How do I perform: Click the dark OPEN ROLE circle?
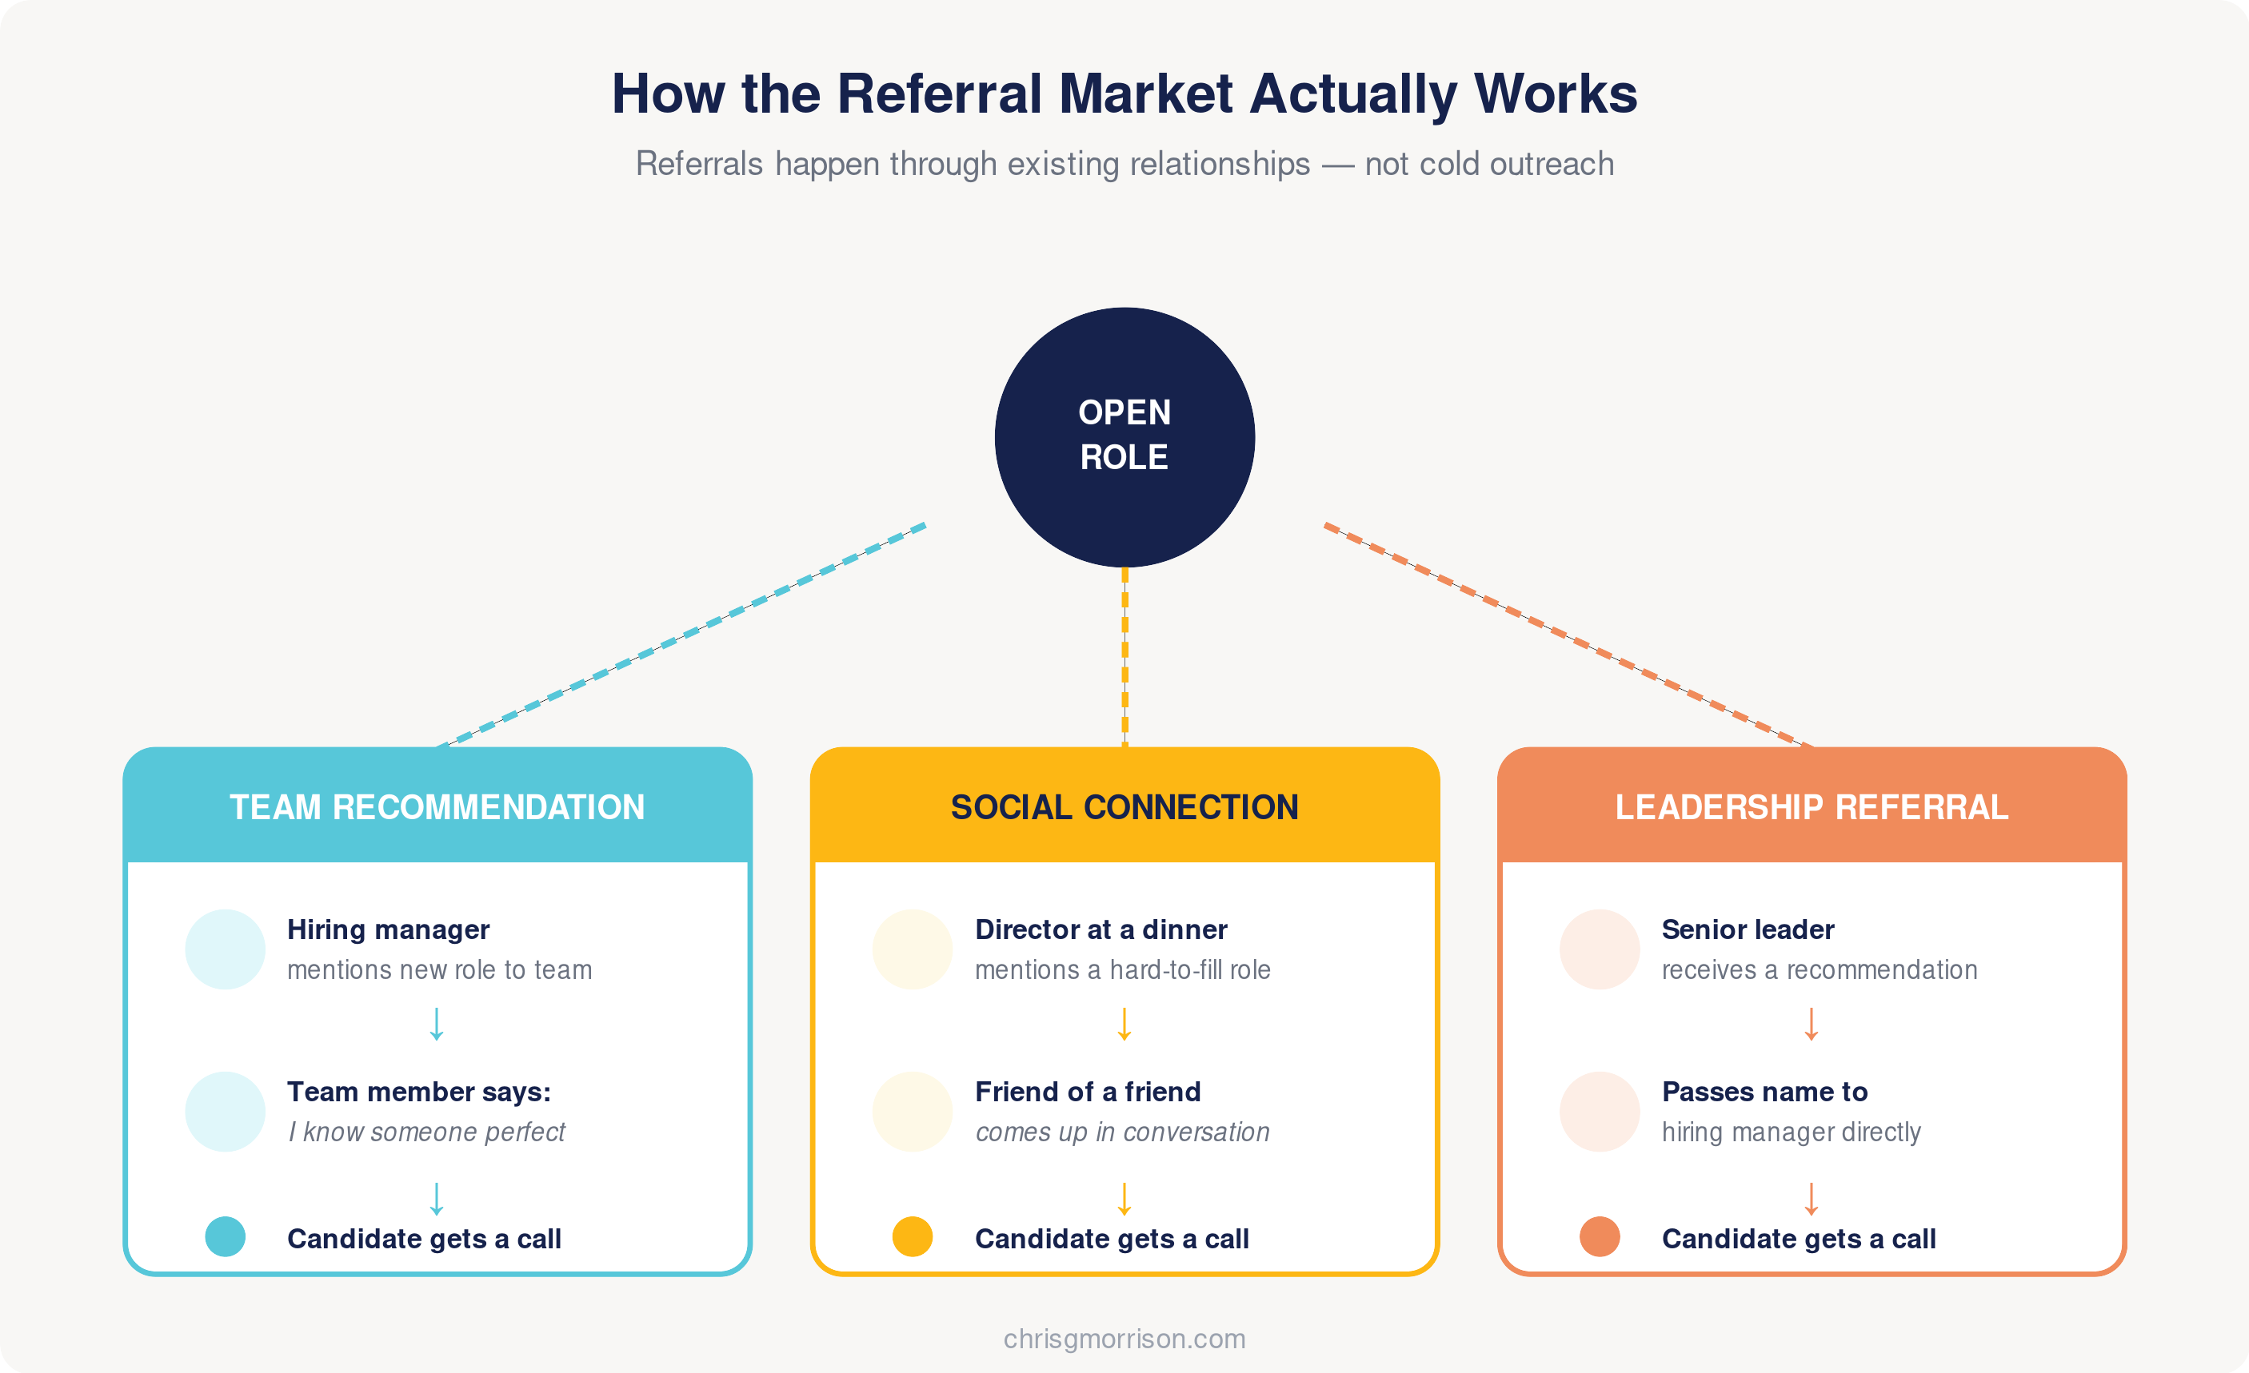pos(1124,437)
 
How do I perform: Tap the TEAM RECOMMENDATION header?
pos(437,807)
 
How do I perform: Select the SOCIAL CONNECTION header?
pos(1124,807)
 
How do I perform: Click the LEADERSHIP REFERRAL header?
pos(1812,807)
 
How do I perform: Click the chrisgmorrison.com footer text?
pos(1124,1339)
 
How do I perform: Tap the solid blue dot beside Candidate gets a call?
pos(226,1236)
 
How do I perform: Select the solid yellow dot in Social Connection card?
pos(913,1236)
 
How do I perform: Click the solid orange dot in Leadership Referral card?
pos(1600,1236)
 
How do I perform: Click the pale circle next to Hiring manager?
pos(226,949)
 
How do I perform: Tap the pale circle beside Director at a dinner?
pos(913,949)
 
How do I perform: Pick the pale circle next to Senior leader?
pos(1600,949)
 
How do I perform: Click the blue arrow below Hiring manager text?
pos(437,1024)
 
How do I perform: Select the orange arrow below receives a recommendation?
pos(1812,1024)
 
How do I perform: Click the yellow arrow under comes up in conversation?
pos(1124,1199)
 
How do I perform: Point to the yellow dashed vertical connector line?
pos(1124,657)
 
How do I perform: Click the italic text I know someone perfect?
pos(427,1132)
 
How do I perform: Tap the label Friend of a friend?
pos(1087,1091)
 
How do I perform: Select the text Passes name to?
pos(1764,1091)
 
